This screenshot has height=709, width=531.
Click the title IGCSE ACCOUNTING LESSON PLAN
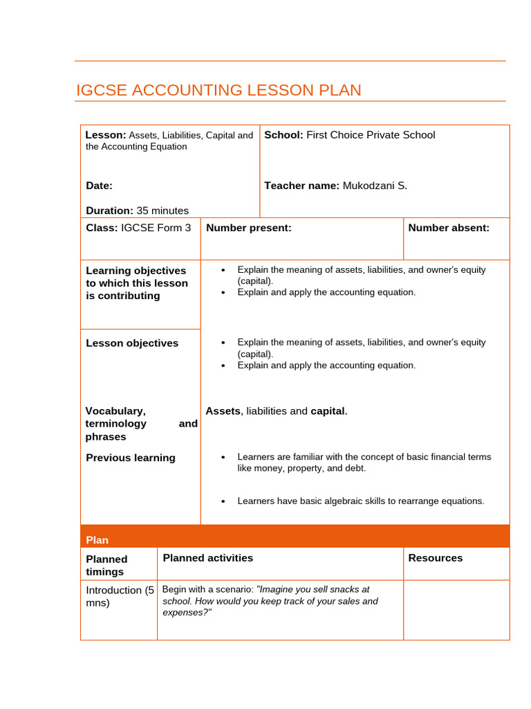coord(218,90)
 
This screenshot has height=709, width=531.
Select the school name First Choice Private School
coord(371,135)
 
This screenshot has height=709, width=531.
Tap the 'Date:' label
coord(99,186)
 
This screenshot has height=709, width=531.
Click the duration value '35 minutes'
coord(162,210)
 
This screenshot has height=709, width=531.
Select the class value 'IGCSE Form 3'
coord(156,228)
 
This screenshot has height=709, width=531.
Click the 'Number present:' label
coord(249,228)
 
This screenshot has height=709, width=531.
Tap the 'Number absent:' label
coord(449,228)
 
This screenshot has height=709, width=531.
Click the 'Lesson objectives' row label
coord(132,343)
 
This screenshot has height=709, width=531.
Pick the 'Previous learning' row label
coord(131,458)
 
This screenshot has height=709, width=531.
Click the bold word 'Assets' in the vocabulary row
coord(223,411)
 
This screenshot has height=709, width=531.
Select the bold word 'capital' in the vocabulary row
coord(327,411)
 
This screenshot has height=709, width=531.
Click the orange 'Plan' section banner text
coord(97,540)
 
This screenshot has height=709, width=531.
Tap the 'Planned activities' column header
coord(208,558)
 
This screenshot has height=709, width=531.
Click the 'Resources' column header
coord(436,558)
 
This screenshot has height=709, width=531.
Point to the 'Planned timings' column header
coord(107,565)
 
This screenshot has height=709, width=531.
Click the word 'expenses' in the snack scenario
coord(184,613)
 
